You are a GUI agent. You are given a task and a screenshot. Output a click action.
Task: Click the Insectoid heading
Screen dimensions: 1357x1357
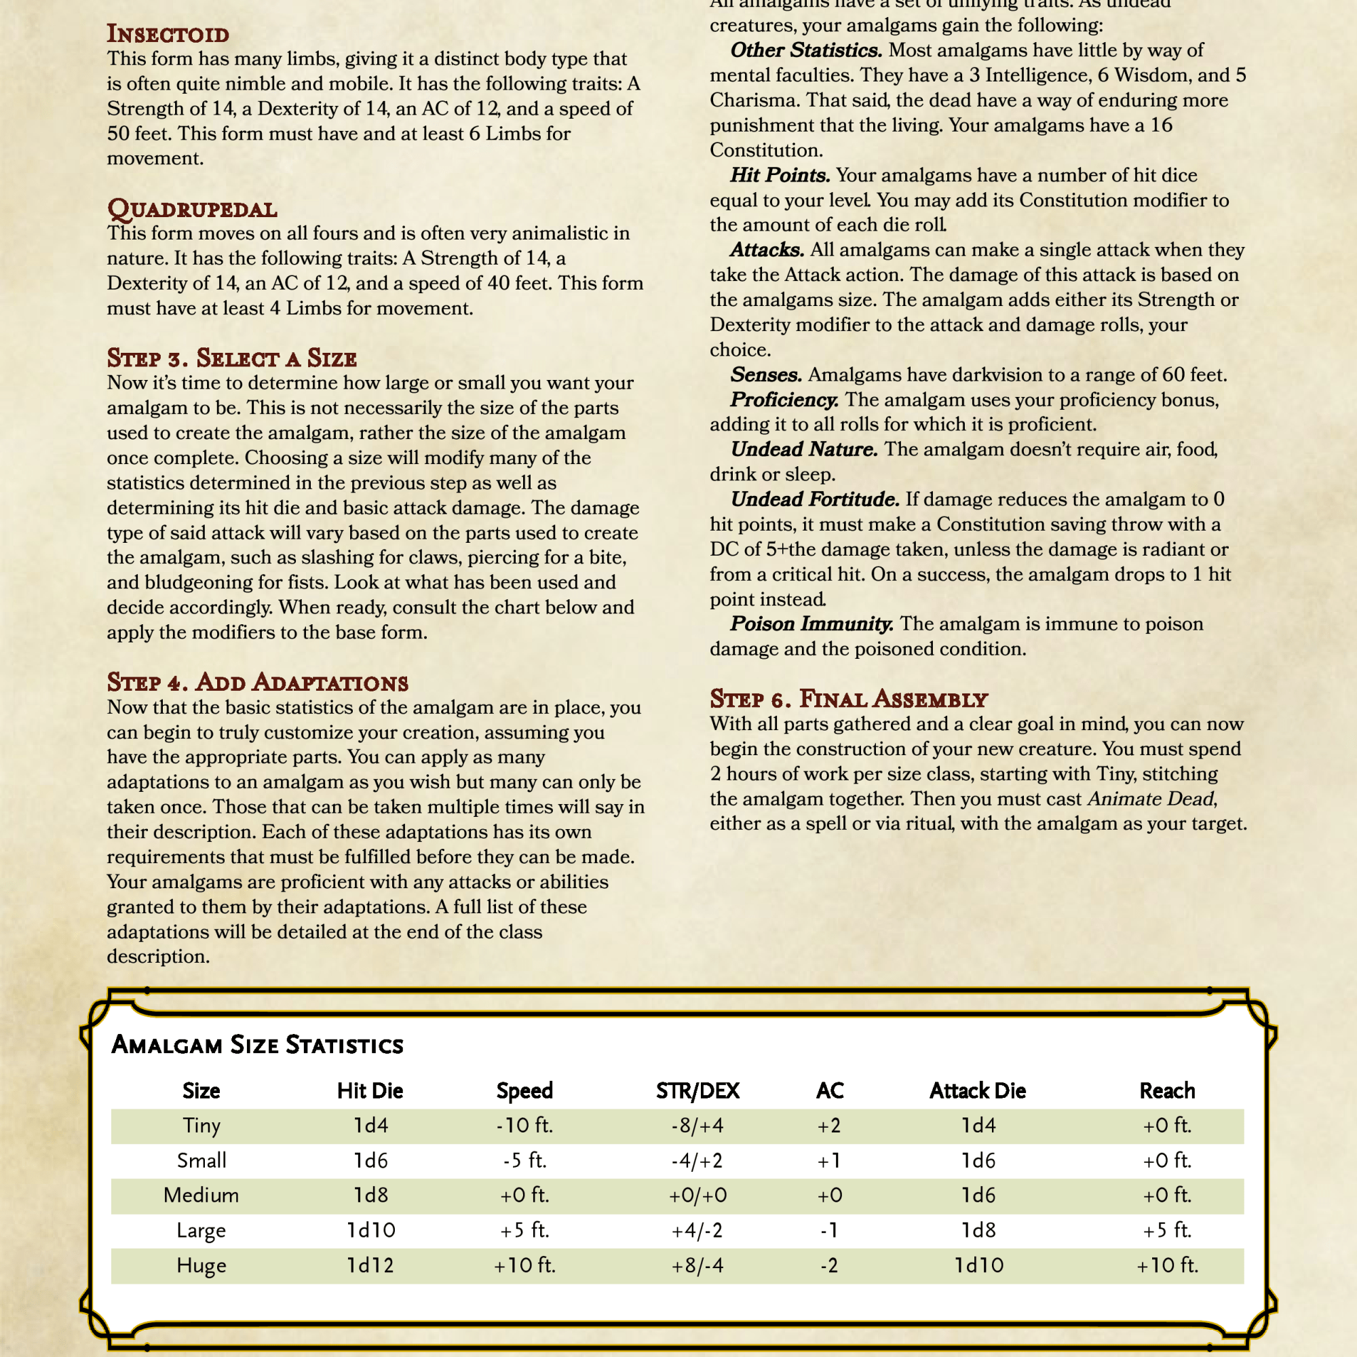coord(168,35)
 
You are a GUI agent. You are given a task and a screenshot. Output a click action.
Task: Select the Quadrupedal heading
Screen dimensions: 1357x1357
coord(192,209)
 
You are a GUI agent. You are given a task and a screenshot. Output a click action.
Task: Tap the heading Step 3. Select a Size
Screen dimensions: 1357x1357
coord(232,358)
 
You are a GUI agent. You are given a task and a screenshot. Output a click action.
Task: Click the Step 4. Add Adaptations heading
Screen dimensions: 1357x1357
coord(257,682)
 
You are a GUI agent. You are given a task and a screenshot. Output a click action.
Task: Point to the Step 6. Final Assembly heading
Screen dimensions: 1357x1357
coord(849,699)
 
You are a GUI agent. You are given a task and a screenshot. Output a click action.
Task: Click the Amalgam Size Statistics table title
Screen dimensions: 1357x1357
coord(257,1045)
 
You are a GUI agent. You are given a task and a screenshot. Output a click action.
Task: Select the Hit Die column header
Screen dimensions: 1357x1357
coord(370,1091)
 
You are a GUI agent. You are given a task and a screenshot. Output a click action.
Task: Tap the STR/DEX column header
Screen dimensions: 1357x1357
coord(697,1091)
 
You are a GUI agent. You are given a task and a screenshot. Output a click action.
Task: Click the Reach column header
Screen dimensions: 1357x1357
coord(1166,1091)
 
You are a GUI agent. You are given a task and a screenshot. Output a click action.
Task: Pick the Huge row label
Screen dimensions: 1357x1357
coord(201,1265)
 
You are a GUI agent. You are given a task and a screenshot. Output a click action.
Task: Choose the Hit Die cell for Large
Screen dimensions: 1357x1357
coord(370,1231)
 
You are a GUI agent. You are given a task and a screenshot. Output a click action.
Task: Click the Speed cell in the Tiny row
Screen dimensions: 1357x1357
coord(524,1126)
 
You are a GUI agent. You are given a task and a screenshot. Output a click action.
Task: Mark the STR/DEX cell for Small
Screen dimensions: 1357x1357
coord(697,1161)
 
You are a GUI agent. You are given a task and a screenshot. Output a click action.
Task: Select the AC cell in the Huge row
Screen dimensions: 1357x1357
coord(830,1265)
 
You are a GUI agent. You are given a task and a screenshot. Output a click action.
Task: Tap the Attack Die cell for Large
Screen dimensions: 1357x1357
coord(978,1231)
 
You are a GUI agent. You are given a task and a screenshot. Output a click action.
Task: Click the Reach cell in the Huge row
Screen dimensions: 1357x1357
coord(1166,1265)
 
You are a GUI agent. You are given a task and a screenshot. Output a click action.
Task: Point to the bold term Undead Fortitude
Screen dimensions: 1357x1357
coord(815,499)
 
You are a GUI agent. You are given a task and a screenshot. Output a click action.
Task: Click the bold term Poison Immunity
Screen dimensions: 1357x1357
coord(812,624)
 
